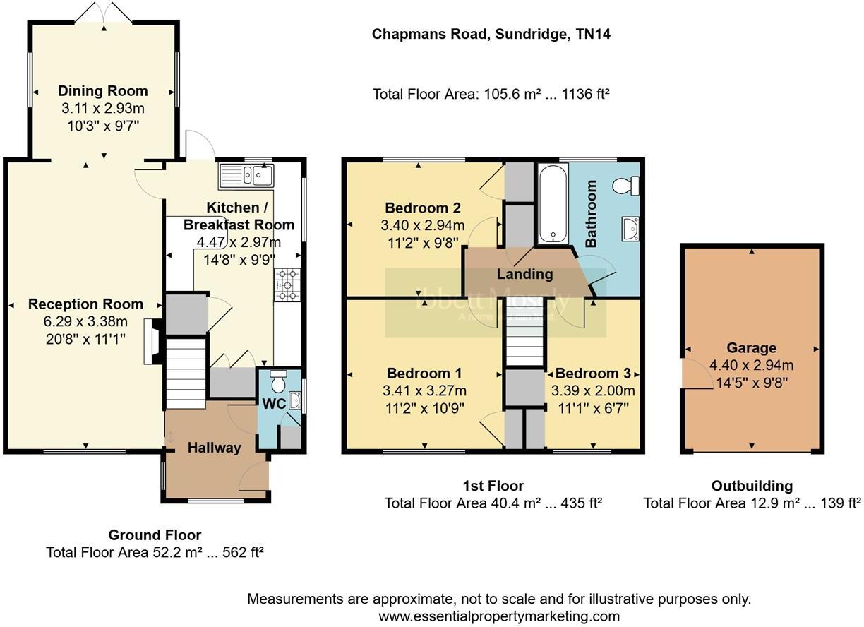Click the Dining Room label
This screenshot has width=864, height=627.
tap(103, 91)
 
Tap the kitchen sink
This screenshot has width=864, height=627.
tap(246, 174)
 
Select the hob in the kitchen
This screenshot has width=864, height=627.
tap(287, 285)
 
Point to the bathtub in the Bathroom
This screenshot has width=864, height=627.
tap(552, 204)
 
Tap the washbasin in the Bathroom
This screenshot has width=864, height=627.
tap(630, 228)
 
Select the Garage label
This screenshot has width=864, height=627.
tap(751, 348)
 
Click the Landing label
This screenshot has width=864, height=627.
tap(524, 274)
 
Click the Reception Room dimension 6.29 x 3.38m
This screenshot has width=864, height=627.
tap(85, 322)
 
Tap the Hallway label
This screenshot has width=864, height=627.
tap(214, 448)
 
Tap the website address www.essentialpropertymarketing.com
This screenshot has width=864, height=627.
tap(499, 616)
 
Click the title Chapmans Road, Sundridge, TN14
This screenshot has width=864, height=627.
tap(491, 34)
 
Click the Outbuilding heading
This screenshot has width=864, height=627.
tap(751, 486)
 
